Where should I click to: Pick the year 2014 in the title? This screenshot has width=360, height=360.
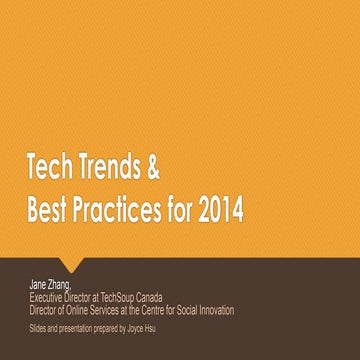[220, 212]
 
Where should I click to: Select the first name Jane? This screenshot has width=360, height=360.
[39, 285]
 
